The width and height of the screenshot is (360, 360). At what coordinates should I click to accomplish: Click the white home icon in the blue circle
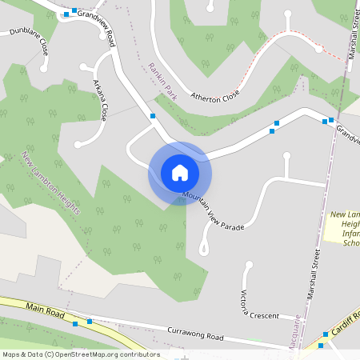(180, 173)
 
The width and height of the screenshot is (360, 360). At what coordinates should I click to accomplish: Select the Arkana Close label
(100, 100)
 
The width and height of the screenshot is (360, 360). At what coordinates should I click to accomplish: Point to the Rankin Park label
(162, 84)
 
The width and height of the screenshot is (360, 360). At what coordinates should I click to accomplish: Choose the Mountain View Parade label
(212, 212)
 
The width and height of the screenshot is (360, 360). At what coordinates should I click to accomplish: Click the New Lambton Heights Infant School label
(346, 229)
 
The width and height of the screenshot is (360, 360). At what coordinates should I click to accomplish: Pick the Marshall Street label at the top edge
(353, 20)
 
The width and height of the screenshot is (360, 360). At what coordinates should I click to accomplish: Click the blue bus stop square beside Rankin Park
(153, 116)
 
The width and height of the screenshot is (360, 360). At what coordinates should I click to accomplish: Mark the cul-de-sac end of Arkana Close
(78, 145)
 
